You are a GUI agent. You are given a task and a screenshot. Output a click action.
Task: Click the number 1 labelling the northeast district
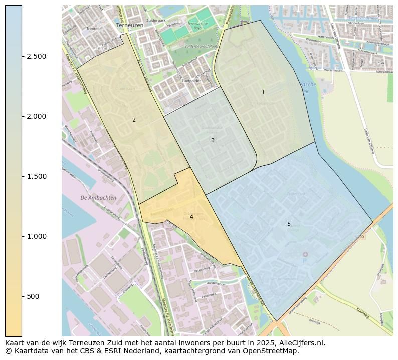(263, 92)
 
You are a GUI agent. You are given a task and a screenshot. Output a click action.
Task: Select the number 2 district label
(134, 120)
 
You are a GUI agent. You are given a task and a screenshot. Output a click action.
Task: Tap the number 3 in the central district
(213, 140)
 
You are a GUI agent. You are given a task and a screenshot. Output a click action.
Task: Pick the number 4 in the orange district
(191, 217)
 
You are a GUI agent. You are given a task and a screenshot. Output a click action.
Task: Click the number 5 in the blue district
(289, 224)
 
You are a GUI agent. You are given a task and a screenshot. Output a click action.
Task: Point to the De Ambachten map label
(98, 198)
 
